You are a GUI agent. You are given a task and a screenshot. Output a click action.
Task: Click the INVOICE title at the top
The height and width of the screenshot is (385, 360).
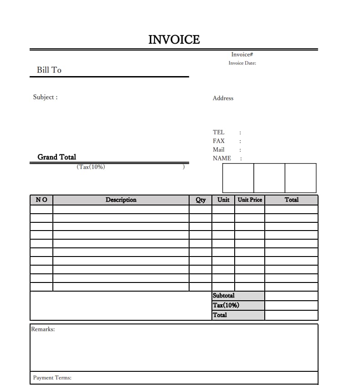click(174, 40)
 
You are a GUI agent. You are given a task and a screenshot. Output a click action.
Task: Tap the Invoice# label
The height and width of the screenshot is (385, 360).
click(242, 55)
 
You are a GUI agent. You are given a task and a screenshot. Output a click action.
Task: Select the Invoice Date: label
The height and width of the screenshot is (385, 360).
click(242, 63)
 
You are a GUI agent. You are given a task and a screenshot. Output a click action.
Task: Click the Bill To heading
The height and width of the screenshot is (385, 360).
click(49, 70)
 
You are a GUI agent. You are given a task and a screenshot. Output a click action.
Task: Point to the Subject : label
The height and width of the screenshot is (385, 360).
click(45, 97)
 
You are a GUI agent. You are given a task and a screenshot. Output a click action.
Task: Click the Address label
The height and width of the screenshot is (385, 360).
click(223, 98)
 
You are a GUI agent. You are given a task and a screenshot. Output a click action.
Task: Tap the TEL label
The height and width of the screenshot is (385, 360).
click(219, 132)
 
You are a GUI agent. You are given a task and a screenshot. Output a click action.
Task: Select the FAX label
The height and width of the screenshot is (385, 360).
click(219, 141)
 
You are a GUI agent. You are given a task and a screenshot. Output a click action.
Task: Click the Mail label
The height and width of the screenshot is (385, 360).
click(219, 149)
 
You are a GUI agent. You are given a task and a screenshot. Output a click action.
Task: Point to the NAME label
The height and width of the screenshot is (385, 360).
click(222, 158)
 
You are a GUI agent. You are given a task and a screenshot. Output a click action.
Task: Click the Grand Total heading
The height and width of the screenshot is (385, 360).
click(57, 157)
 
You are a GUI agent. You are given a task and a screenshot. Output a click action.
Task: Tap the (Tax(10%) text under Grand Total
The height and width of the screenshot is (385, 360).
click(91, 167)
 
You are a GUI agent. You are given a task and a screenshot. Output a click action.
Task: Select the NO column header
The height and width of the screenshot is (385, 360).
click(41, 200)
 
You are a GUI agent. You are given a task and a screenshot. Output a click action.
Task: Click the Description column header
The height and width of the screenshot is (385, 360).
click(121, 200)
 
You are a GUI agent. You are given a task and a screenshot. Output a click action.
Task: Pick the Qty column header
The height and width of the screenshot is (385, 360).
click(201, 200)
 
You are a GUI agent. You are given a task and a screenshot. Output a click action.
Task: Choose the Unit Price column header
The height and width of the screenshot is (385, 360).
click(250, 200)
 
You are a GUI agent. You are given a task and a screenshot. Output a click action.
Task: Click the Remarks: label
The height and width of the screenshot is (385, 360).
click(43, 329)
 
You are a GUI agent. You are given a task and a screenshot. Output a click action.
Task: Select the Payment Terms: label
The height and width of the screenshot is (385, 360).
click(52, 378)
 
